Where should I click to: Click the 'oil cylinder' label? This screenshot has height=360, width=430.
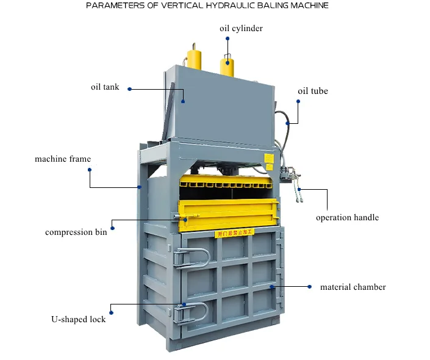point(241,28)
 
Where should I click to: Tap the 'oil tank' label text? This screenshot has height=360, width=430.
point(105,87)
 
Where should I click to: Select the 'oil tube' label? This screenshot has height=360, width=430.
point(312,91)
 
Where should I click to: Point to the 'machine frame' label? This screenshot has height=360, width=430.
point(63,159)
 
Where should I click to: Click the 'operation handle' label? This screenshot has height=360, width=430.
point(347,217)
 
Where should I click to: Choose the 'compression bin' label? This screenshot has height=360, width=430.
point(76,232)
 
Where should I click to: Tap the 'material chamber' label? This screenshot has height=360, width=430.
point(353,287)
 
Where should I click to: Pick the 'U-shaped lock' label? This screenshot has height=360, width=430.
point(78,319)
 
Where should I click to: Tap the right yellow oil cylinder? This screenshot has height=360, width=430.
point(227,63)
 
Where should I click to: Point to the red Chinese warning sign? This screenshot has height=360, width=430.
point(234,232)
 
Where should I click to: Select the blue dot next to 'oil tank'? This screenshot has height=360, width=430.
point(129,88)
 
